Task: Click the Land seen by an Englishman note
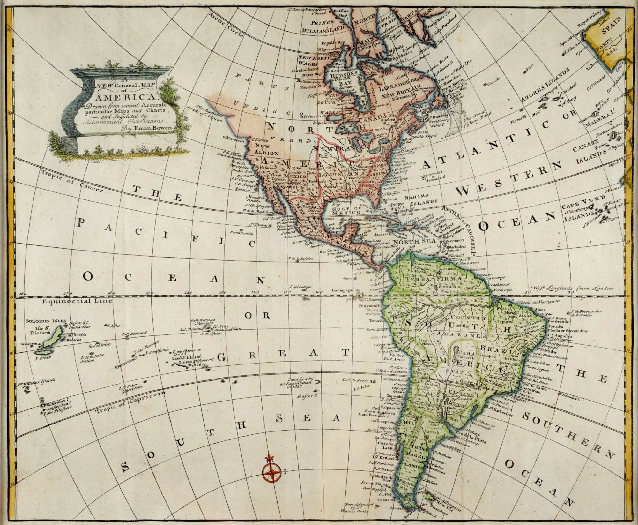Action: click(x=301, y=381)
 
